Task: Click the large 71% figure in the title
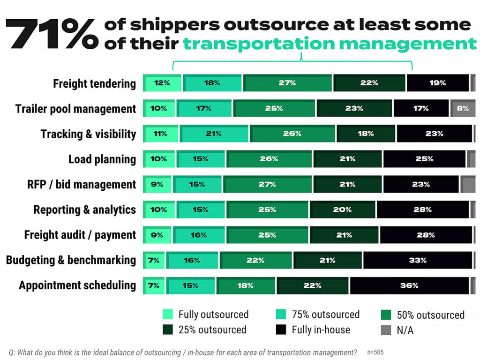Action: point(52,34)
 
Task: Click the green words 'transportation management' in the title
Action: point(330,44)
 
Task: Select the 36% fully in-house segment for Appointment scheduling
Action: point(409,285)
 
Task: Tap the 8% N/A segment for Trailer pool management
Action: point(463,108)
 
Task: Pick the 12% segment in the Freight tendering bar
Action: point(162,83)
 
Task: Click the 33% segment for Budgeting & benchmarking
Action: point(417,260)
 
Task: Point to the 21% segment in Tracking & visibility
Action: point(214,134)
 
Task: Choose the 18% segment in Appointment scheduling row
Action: point(245,285)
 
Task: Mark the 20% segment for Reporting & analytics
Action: point(342,210)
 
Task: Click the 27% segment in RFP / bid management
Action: point(267,184)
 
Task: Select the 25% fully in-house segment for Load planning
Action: point(424,159)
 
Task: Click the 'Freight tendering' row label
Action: point(94,83)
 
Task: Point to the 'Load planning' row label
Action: point(102,159)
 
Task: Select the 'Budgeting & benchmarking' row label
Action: point(71,260)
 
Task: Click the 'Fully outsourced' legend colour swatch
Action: point(168,315)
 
